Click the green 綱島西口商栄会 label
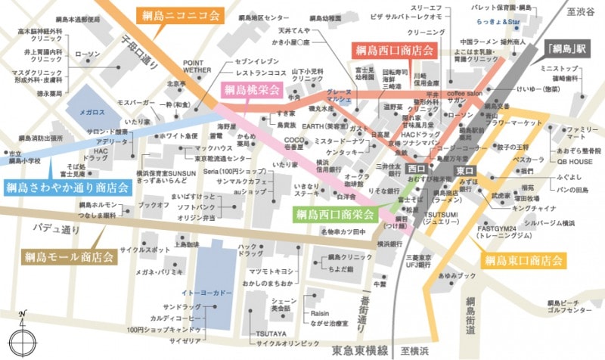(x=334, y=215)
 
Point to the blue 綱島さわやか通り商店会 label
(x=67, y=188)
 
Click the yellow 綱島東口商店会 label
(x=523, y=261)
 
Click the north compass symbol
(x=23, y=332)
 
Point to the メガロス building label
(x=92, y=110)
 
